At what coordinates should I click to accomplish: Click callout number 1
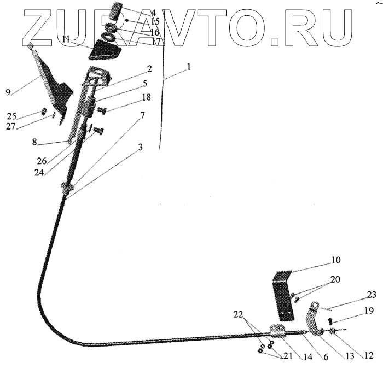189,67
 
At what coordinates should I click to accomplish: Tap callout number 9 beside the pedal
8,92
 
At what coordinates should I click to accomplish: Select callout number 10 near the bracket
335,260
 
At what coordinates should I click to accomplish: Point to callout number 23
372,295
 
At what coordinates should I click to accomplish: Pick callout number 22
237,315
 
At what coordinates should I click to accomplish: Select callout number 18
146,97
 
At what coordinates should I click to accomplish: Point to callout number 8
34,142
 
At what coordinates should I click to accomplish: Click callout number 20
334,279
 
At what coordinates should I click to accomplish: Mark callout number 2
148,69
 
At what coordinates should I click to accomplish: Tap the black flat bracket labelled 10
282,295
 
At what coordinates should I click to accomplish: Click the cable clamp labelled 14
277,331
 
